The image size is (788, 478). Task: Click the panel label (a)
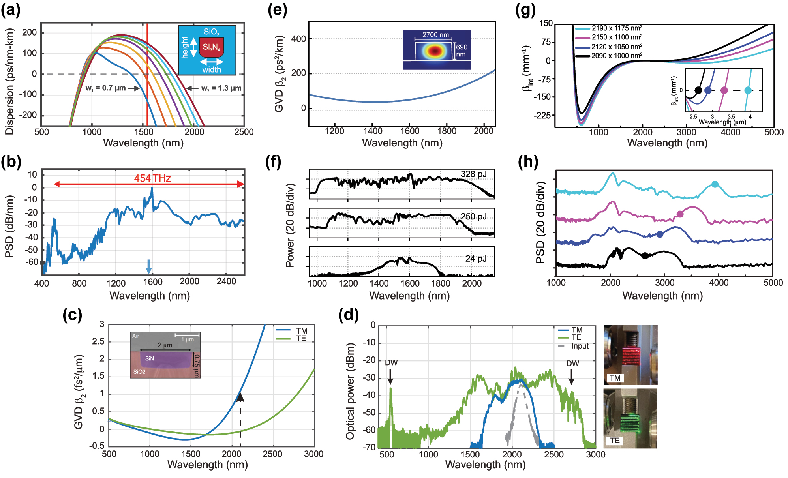tap(11, 10)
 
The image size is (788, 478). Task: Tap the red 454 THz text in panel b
tap(152, 178)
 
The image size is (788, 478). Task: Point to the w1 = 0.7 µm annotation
tap(105, 88)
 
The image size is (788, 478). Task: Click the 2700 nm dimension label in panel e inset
tap(435, 35)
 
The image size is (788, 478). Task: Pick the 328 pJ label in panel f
tap(473, 174)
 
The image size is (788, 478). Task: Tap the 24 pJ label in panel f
tap(476, 259)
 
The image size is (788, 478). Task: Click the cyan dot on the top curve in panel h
tap(715, 184)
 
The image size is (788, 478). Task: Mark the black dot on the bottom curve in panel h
tap(645, 256)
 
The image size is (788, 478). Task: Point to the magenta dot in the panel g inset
tap(724, 90)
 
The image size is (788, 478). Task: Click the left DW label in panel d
tap(391, 362)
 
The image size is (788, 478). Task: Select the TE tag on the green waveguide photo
tap(615, 441)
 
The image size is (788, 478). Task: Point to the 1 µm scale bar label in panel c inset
tap(188, 339)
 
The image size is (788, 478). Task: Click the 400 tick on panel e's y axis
tap(298, 39)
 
